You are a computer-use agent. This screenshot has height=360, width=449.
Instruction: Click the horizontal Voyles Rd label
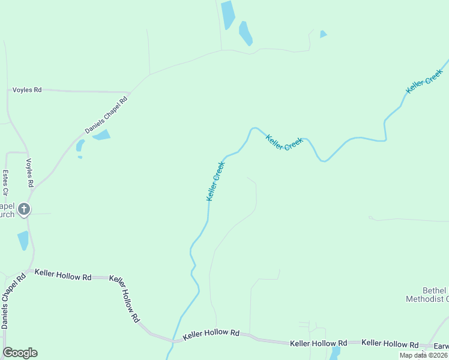[27, 90]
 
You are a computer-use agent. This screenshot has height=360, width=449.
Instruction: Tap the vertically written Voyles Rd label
[29, 173]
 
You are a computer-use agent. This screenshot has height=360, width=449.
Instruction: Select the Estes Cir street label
[5, 183]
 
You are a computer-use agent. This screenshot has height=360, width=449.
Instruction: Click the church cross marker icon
[24, 209]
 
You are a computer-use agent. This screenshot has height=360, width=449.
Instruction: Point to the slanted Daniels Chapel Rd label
[106, 113]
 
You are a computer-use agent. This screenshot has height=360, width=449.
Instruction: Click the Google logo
[20, 353]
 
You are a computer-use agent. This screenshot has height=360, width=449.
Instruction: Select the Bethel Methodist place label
[427, 295]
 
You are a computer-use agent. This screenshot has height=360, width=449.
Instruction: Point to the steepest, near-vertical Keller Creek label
[215, 181]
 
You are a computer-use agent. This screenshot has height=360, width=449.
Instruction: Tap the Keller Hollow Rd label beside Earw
[390, 344]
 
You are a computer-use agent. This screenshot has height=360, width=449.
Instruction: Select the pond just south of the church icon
[23, 241]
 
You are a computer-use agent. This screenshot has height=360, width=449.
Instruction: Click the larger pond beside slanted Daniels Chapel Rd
[101, 135]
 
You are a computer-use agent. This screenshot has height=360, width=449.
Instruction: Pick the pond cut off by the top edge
[228, 14]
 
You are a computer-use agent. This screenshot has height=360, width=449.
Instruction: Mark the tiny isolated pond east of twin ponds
[323, 34]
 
